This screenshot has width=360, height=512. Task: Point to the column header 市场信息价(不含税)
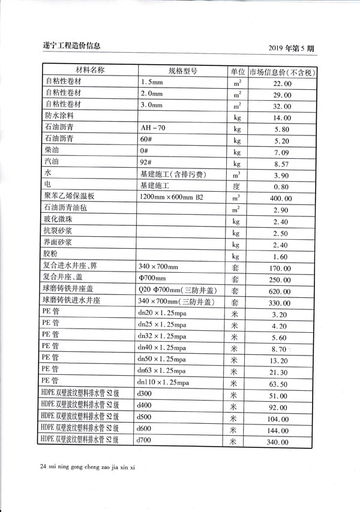point(283,71)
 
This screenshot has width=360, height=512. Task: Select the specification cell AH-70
point(152,128)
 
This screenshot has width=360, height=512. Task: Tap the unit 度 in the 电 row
point(236,186)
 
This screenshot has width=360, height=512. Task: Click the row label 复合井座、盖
point(66,278)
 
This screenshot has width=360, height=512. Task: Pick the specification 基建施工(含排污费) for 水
point(173,174)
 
